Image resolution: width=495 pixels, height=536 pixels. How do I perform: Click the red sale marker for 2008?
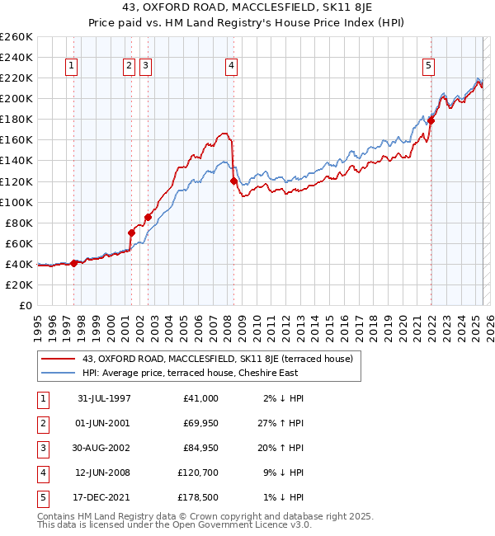[x=233, y=181]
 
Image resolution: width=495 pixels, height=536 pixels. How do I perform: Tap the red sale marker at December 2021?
[x=431, y=120]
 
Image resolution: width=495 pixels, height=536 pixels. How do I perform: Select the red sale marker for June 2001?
[x=131, y=233]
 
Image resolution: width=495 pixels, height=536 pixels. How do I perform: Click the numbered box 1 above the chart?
[x=73, y=67]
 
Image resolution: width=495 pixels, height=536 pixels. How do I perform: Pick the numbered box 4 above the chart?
[x=233, y=67]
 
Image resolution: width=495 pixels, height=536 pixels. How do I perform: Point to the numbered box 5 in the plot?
[x=429, y=67]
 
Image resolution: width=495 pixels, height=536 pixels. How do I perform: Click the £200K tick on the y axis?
[x=16, y=98]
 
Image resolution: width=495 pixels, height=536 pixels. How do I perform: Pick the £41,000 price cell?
[x=200, y=398]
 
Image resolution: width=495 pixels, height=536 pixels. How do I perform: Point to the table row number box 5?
[x=40, y=497]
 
